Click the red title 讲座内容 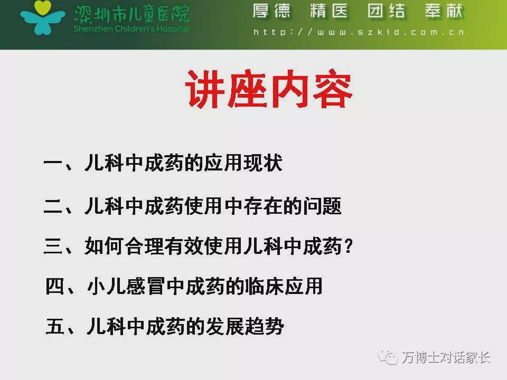tap(268, 89)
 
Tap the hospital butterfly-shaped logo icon tap(42, 17)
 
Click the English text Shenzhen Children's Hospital tap(132, 28)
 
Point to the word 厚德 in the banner tap(271, 11)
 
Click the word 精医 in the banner tap(329, 11)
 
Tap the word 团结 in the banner tap(387, 11)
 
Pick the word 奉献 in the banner tap(444, 11)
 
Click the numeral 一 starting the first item tap(53, 163)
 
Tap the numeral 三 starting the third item tap(53, 246)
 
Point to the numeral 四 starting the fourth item tap(54, 286)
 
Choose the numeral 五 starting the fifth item tap(54, 326)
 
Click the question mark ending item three tap(349, 246)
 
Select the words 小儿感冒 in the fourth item tap(127, 286)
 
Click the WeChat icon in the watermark tap(388, 358)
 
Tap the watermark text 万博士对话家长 tap(446, 357)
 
